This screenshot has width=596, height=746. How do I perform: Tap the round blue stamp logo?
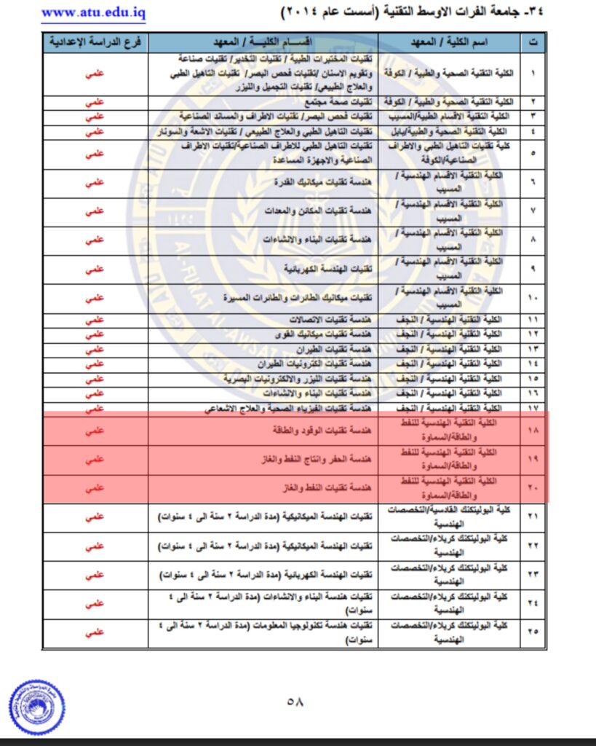(x=37, y=706)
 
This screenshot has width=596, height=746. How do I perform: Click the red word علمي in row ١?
(x=95, y=74)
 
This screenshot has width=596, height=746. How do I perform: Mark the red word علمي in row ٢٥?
(x=95, y=632)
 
